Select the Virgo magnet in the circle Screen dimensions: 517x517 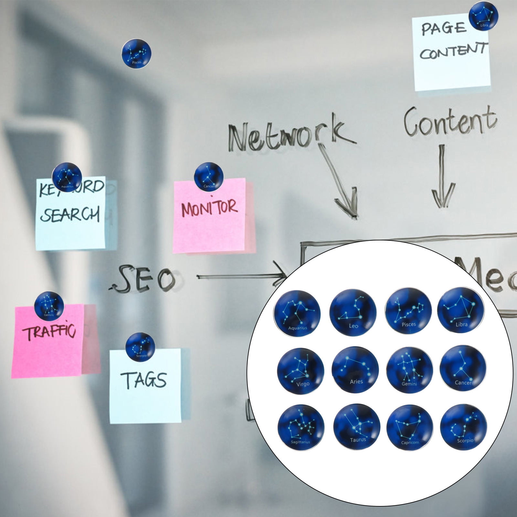301,371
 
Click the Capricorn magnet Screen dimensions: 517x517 410,427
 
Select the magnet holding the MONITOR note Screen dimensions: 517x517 209,177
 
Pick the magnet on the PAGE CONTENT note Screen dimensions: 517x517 483,16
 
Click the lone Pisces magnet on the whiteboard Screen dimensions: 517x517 136,53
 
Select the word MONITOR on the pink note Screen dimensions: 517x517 209,208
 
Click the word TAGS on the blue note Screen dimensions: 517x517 143,380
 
